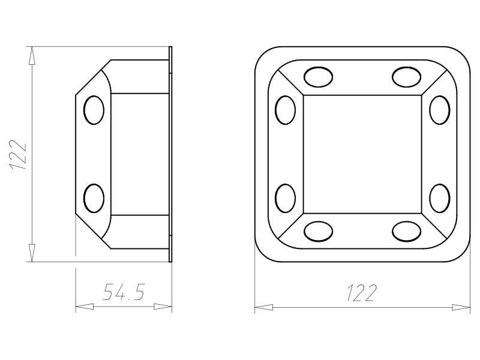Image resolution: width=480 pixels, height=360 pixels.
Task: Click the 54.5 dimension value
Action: (x=124, y=292)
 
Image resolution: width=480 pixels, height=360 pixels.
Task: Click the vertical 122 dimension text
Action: (x=19, y=155)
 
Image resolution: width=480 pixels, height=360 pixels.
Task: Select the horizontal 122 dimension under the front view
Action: (x=362, y=292)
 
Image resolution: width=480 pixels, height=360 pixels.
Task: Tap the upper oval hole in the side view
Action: (x=94, y=110)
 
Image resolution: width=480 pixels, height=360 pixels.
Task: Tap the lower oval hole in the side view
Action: (x=94, y=198)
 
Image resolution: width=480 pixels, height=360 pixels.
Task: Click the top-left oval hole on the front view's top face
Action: (x=319, y=77)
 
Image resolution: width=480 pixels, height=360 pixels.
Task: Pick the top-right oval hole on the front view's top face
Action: (x=407, y=77)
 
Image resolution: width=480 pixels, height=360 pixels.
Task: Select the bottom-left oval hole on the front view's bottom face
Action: (x=319, y=232)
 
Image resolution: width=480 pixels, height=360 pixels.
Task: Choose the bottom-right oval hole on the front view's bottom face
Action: (x=407, y=232)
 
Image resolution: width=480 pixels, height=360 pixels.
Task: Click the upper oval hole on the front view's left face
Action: (x=286, y=110)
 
